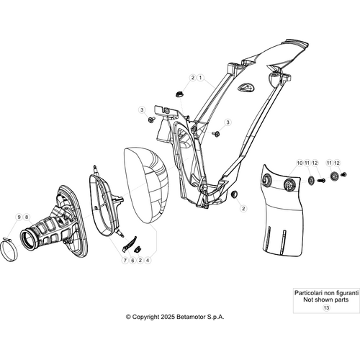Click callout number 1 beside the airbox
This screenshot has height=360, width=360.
[200, 78]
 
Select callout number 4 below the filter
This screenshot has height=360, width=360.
[148, 260]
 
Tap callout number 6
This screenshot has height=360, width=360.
[132, 260]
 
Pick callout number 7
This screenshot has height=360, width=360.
[125, 260]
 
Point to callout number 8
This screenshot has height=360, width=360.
[27, 217]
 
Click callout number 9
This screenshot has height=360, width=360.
[19, 217]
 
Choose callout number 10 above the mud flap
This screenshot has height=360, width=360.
[300, 163]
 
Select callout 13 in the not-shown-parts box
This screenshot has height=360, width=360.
[326, 307]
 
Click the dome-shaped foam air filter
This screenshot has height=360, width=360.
[146, 186]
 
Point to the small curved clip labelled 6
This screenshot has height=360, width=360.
[130, 244]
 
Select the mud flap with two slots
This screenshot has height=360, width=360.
[282, 211]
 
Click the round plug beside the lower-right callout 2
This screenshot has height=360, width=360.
[234, 194]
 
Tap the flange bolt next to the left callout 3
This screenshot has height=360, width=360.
[151, 120]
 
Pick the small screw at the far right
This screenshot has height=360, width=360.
[344, 174]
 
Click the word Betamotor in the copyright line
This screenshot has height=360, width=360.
[190, 317]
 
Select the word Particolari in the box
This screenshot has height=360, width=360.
[308, 293]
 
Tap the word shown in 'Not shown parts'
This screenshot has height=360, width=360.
[326, 300]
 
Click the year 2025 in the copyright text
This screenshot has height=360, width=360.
[168, 317]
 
